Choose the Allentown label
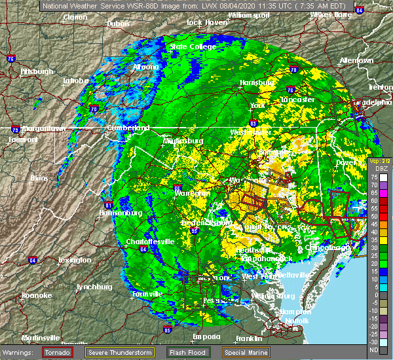[x=356, y=60]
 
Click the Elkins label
[x=41, y=177]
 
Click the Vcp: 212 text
[x=379, y=161]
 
